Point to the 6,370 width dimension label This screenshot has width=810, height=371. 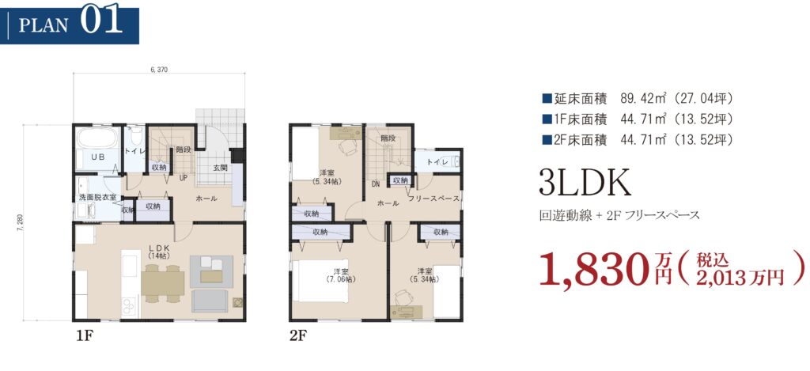[158, 69]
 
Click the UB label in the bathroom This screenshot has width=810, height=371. [98, 155]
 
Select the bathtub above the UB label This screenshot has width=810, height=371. [98, 138]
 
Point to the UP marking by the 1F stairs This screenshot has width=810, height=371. [183, 178]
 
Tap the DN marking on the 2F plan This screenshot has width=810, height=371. [376, 184]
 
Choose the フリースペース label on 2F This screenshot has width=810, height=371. [434, 199]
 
